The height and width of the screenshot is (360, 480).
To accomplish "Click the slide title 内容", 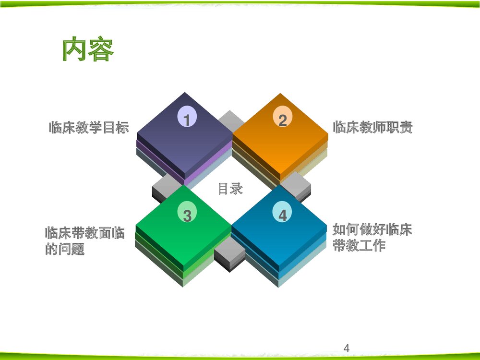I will [88, 49].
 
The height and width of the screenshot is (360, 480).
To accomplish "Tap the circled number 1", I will [187, 119].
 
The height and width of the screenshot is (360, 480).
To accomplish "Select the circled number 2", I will [282, 119].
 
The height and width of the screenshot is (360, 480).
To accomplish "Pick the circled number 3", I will [187, 215].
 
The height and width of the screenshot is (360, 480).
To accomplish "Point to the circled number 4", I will [282, 215].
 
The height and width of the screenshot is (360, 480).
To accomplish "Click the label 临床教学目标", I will [89, 128].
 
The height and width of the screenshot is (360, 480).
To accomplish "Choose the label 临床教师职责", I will [372, 128].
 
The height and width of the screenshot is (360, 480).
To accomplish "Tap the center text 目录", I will [230, 189].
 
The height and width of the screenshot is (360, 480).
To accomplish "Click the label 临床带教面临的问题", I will [84, 241].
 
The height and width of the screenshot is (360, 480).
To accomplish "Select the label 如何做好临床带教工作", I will [372, 237].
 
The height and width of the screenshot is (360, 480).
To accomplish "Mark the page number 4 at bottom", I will [347, 348].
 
